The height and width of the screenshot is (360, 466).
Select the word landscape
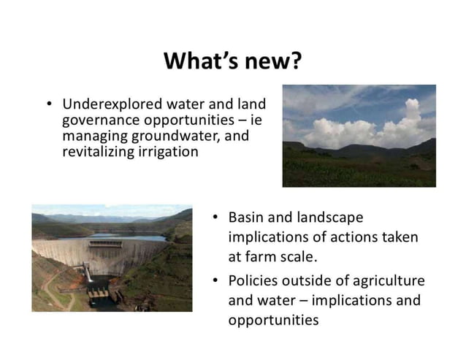329,218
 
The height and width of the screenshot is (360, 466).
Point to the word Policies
256,280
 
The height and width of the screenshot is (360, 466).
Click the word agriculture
386,280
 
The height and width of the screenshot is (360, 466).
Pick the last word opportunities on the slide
273,320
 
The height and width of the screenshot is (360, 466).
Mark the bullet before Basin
215,218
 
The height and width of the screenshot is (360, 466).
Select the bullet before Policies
215,281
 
